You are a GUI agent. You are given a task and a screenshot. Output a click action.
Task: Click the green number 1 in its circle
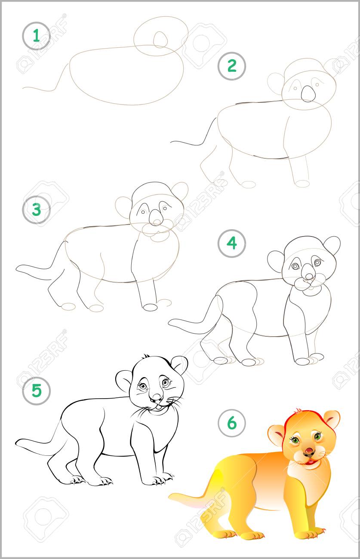[36, 36]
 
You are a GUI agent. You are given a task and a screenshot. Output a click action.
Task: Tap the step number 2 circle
[232, 66]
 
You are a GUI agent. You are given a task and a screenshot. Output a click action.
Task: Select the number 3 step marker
[36, 210]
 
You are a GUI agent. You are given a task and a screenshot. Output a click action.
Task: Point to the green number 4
[232, 243]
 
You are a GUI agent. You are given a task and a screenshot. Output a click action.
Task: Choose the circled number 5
[36, 391]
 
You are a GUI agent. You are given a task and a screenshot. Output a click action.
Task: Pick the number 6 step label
[232, 423]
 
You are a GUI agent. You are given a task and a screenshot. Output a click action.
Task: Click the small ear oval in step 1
[160, 40]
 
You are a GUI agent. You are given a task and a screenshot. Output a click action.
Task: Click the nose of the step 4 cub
[309, 276]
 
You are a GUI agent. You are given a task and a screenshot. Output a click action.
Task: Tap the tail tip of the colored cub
[170, 496]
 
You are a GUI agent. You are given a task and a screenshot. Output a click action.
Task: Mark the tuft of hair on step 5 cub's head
[146, 356]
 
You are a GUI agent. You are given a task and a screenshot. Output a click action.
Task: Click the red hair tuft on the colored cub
[298, 410]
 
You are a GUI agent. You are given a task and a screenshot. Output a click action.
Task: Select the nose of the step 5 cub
[157, 396]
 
